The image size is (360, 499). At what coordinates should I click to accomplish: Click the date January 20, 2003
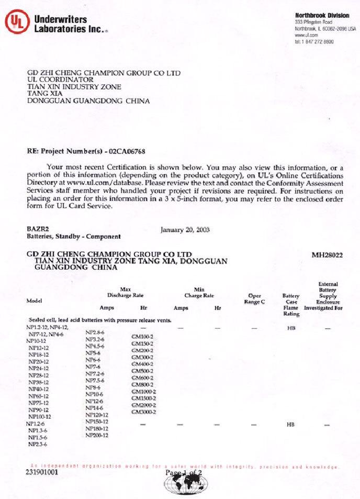[x=182, y=229]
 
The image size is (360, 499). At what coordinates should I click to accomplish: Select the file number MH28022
[x=327, y=255]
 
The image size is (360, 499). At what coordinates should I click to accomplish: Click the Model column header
[x=34, y=301]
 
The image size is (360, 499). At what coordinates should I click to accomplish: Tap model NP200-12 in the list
[x=97, y=435]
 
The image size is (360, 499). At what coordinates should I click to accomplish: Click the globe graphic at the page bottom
[x=180, y=481]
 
